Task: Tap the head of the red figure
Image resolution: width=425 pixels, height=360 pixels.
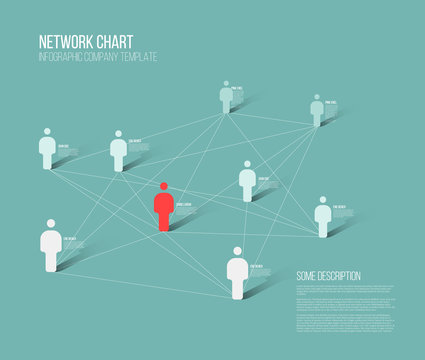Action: point(163,186)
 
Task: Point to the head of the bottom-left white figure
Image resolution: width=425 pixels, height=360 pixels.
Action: point(51,224)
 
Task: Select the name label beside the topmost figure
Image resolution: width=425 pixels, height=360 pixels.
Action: point(237,90)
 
